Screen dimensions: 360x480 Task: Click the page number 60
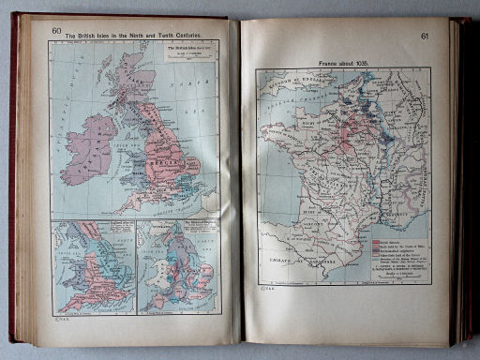56,31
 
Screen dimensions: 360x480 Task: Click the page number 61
426,37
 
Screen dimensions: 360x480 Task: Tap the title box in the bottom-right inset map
195,230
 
